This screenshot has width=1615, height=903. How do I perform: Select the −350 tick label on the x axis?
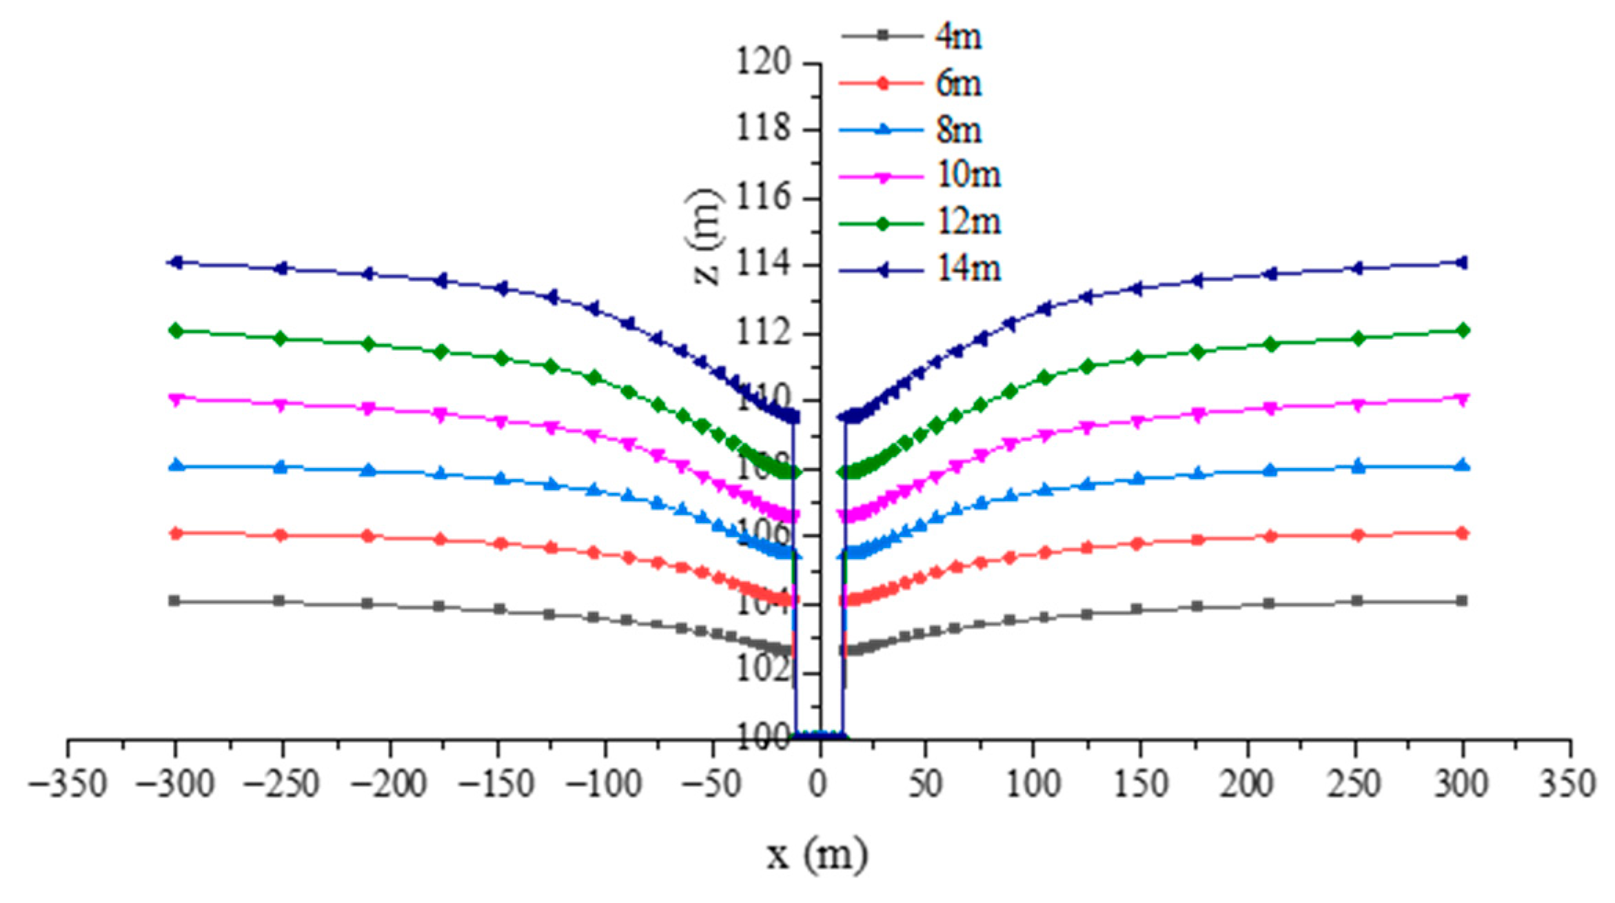68,784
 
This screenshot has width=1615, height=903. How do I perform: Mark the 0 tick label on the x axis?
818,784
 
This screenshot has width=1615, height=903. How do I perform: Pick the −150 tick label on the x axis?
496,784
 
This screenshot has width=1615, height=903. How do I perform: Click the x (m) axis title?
817,855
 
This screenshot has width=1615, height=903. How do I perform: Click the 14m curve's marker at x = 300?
1462,262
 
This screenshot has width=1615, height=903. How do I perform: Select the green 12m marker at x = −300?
176,331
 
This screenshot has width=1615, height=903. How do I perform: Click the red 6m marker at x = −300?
176,534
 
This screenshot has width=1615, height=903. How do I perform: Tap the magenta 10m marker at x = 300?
1462,398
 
